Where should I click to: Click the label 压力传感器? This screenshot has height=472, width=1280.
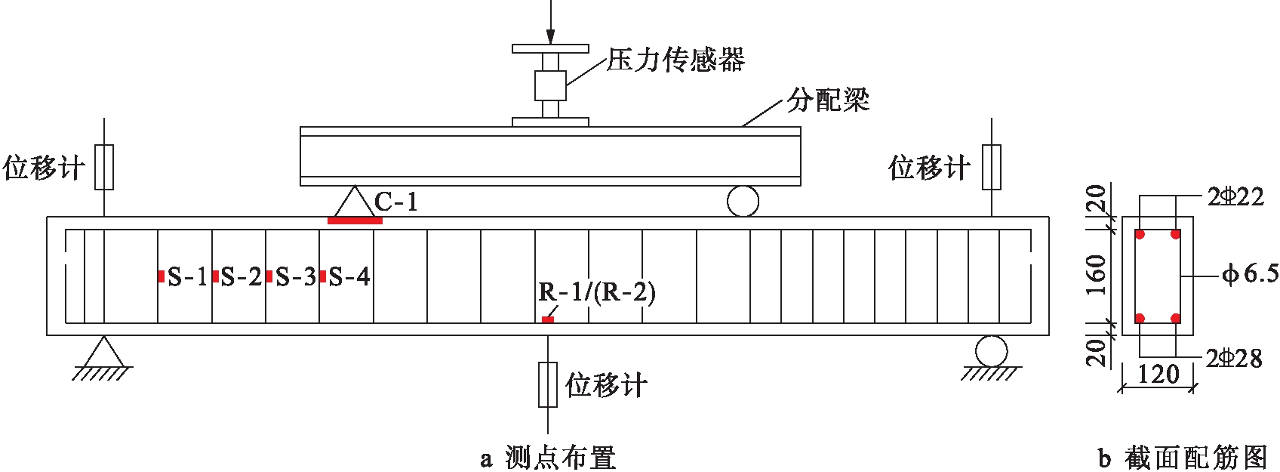tap(675, 60)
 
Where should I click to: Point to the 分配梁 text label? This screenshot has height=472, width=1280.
tap(828, 100)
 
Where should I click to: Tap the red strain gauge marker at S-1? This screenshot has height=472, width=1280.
tap(162, 276)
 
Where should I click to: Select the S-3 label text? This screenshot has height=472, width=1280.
tap(295, 277)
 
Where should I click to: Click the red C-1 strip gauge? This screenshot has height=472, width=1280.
tap(355, 221)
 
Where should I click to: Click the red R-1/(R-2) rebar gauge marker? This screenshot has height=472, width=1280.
tap(548, 320)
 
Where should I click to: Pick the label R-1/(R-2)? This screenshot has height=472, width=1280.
tap(597, 292)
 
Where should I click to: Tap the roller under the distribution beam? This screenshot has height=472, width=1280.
tap(743, 202)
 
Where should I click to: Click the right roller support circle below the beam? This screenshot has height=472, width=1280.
tap(990, 351)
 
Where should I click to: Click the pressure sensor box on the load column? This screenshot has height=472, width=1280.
tap(550, 85)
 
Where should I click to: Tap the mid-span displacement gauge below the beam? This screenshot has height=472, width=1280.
tap(548, 384)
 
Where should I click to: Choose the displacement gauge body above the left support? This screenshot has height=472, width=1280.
tap(104, 167)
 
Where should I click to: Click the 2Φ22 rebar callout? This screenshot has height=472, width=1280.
tap(1235, 197)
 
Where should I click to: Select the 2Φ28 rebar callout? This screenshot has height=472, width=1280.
tap(1234, 359)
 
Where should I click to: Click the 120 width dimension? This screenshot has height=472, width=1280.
tap(1158, 374)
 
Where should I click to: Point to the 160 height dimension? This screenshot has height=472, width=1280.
tap(1097, 275)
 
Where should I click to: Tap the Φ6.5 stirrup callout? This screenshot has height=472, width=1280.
tap(1251, 274)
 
